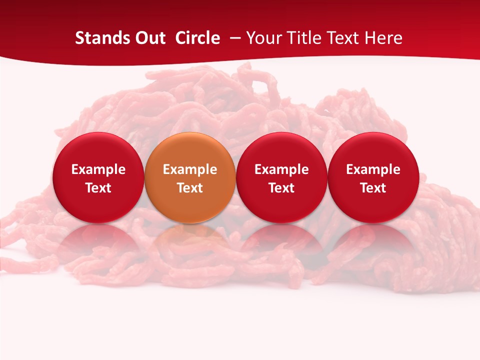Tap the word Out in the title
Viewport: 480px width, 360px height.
(x=149, y=38)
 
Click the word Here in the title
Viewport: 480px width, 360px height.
(x=383, y=38)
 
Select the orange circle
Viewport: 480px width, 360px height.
(x=190, y=178)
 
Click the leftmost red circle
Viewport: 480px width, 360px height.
(x=98, y=178)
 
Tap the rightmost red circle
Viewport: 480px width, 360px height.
(x=373, y=178)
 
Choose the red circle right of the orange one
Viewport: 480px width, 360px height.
(x=281, y=178)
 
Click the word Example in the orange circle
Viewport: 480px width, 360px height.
(x=190, y=169)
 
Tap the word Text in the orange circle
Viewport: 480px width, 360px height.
(x=190, y=188)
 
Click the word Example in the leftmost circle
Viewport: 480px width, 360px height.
(x=98, y=169)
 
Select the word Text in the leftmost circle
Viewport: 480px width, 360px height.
(x=98, y=188)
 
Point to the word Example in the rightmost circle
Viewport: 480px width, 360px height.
(x=373, y=169)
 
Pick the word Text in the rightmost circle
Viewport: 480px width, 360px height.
(x=373, y=188)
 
